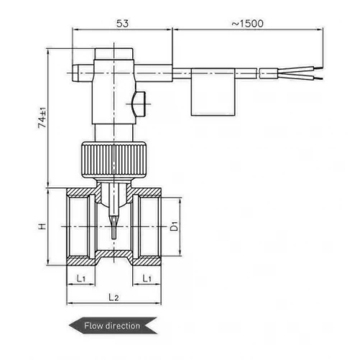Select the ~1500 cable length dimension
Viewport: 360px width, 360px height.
247,23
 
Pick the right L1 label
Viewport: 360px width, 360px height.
146,277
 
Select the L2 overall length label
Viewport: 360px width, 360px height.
112,295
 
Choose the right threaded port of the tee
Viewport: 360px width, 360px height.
149,226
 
